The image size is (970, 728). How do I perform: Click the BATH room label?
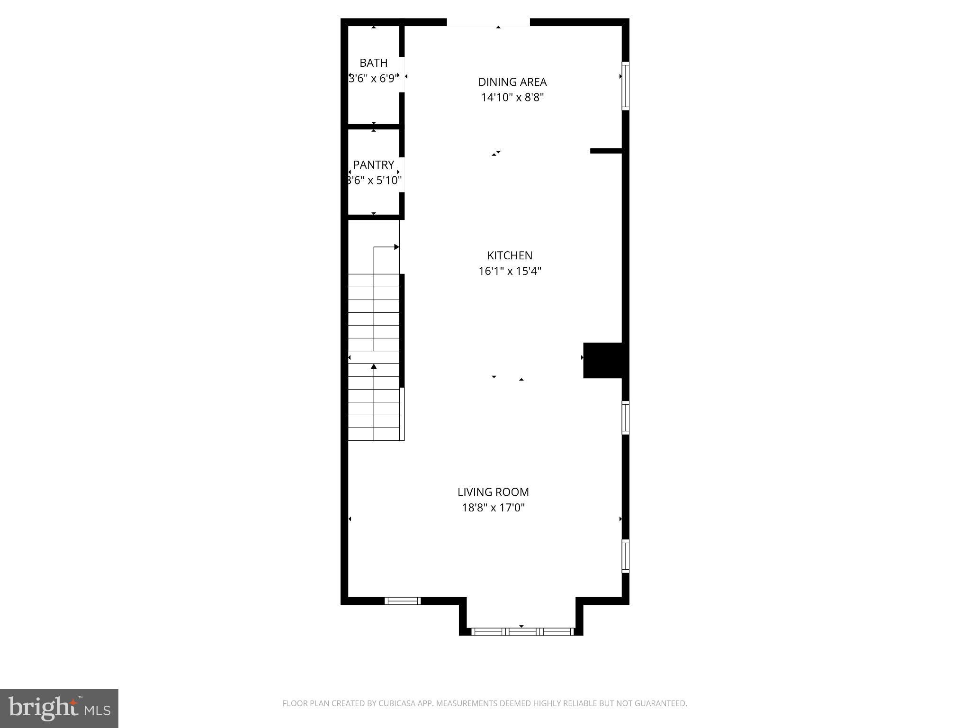tap(373, 63)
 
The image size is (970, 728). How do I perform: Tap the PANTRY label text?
tap(374, 165)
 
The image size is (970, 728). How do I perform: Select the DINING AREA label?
tap(512, 82)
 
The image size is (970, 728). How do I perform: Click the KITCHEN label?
tap(510, 255)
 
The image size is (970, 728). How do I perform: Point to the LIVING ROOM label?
tap(493, 492)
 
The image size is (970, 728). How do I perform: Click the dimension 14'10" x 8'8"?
tap(512, 98)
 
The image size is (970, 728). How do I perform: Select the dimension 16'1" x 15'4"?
tap(510, 271)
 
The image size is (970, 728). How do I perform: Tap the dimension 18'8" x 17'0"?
tap(493, 508)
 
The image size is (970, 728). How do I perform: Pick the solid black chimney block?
tap(602, 360)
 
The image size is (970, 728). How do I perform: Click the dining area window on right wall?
tap(625, 86)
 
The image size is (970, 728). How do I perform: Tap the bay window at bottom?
tap(522, 631)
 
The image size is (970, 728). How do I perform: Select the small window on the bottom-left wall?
tap(402, 601)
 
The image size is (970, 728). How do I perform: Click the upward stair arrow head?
tap(374, 366)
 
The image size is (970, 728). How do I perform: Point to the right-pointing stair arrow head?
tap(397, 247)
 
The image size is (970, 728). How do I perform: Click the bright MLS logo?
tap(59, 708)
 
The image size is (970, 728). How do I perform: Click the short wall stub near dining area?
tap(605, 151)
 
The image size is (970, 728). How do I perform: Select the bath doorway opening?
tap(402, 75)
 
